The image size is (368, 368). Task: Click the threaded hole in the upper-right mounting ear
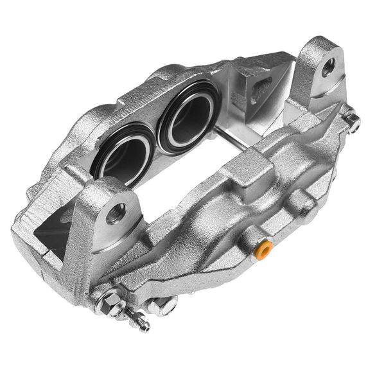(x=329, y=66)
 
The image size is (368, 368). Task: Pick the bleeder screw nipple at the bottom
(x=138, y=320)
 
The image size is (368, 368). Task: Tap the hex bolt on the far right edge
(x=351, y=121)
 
